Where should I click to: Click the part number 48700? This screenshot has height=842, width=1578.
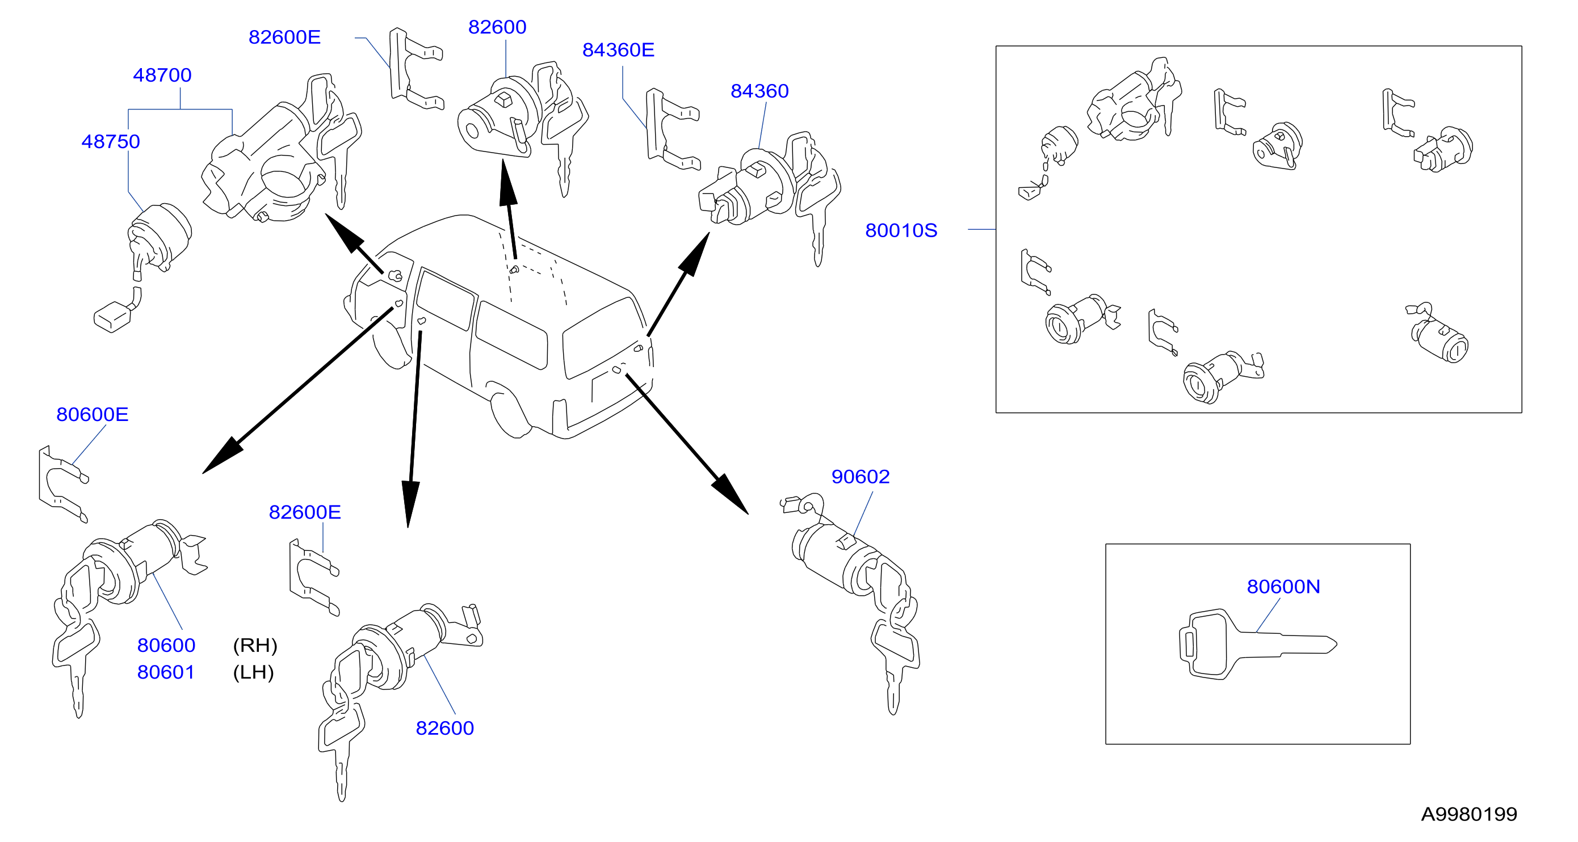point(162,75)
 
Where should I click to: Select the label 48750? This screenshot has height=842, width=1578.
point(111,142)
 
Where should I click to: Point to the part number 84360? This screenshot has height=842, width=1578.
point(759,91)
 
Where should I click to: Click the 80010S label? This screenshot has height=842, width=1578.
point(901,231)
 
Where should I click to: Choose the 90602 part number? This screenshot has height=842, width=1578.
point(860,477)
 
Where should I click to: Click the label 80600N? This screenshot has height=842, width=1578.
point(1283,587)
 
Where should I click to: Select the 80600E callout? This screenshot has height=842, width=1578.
point(93,415)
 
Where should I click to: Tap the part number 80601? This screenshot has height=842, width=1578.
point(166,673)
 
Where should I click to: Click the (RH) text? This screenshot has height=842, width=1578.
point(255,646)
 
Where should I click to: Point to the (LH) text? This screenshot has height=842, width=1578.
point(253,673)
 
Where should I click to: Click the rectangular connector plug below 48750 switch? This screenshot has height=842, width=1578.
point(112,317)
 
